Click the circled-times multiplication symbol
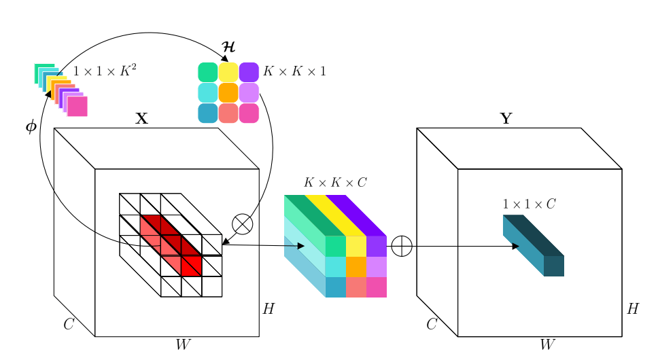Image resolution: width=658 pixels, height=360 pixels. pyautogui.click(x=243, y=223)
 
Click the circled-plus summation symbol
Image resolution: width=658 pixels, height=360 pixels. pyautogui.click(x=402, y=245)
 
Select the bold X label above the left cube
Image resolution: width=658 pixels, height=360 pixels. pyautogui.click(x=141, y=119)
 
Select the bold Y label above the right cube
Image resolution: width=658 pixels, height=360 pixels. pyautogui.click(x=506, y=119)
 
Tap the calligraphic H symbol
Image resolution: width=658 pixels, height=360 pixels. pyautogui.click(x=229, y=48)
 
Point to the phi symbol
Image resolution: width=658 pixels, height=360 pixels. pyautogui.click(x=31, y=127)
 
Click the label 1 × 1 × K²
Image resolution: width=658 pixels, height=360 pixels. pyautogui.click(x=105, y=71)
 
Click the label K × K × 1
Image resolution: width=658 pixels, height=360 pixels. pyautogui.click(x=294, y=71)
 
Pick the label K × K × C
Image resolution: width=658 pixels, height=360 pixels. pyautogui.click(x=335, y=183)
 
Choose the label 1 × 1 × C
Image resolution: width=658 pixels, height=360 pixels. pyautogui.click(x=529, y=204)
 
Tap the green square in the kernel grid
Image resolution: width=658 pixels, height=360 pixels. pyautogui.click(x=207, y=72)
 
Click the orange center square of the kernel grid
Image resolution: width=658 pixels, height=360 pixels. pyautogui.click(x=228, y=92)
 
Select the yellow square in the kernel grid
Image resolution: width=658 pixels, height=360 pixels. pyautogui.click(x=228, y=72)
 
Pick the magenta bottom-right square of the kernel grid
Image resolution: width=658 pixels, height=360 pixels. pyautogui.click(x=249, y=113)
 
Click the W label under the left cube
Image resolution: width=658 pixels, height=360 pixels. pyautogui.click(x=182, y=345)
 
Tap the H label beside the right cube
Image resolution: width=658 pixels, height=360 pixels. pyautogui.click(x=632, y=310)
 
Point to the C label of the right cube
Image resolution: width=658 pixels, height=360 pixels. pyautogui.click(x=431, y=324)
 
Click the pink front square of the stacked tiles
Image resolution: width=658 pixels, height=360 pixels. pyautogui.click(x=77, y=107)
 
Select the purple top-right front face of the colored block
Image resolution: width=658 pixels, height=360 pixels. pyautogui.click(x=377, y=246)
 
